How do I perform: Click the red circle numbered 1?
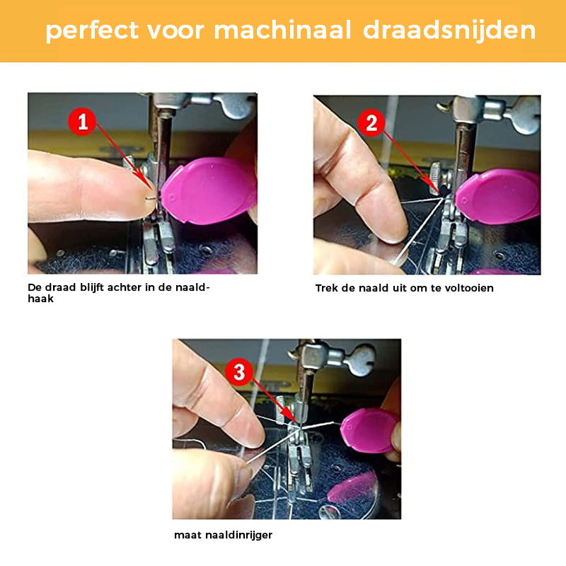(x=83, y=122)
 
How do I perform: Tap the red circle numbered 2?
(x=371, y=124)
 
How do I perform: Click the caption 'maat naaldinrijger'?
(x=223, y=536)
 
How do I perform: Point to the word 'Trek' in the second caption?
(x=327, y=288)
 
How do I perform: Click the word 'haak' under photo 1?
(x=40, y=299)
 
